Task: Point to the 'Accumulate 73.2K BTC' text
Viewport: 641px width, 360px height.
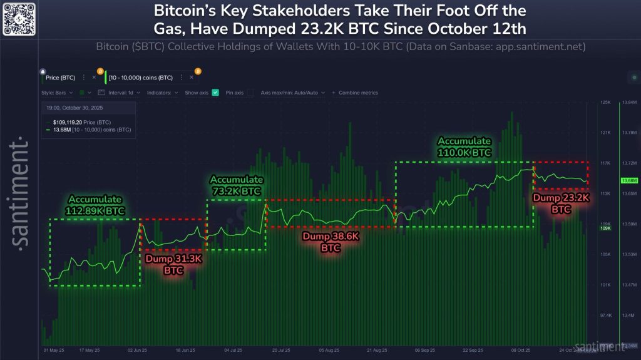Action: [x=237, y=185]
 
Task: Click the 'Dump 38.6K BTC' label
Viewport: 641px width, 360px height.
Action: [x=331, y=242]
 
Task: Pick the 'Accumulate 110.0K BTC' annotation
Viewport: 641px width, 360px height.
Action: [x=464, y=147]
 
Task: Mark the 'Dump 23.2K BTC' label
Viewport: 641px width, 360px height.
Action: [x=561, y=203]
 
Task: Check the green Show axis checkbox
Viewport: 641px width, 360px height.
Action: [x=215, y=93]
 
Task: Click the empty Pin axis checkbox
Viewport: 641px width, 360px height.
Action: [x=251, y=93]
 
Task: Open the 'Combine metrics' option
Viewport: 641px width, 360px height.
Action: [x=356, y=93]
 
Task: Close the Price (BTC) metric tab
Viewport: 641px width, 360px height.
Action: [x=94, y=78]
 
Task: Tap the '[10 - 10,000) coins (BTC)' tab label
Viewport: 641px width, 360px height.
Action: [x=141, y=78]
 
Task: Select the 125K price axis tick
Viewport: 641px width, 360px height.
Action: [x=605, y=101]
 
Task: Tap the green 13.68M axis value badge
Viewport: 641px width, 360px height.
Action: [x=628, y=180]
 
